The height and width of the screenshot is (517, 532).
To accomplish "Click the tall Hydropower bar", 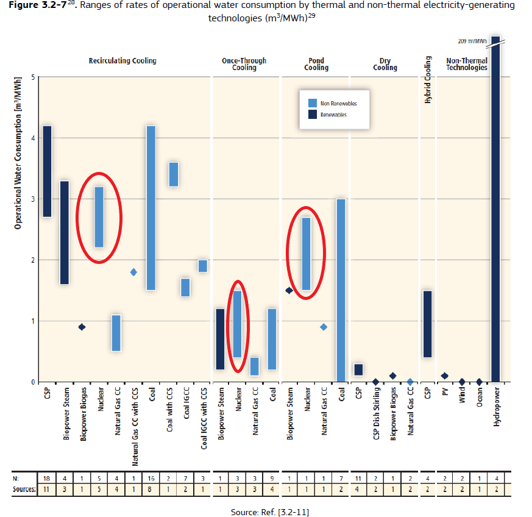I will pyautogui.click(x=495, y=207).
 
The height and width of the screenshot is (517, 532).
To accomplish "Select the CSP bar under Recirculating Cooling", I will pyautogui.click(x=47, y=171).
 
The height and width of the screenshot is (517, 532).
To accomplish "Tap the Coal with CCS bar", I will pyautogui.click(x=174, y=174).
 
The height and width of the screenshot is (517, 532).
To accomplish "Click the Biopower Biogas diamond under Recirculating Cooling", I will pyautogui.click(x=82, y=327).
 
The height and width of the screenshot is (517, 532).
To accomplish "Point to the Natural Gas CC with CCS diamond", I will pyautogui.click(x=133, y=272).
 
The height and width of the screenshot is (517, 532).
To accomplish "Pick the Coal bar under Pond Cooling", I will pyautogui.click(x=341, y=290).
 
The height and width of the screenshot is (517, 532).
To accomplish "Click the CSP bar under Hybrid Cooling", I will pyautogui.click(x=427, y=324).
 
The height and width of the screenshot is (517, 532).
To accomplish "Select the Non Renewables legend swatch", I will pyautogui.click(x=313, y=103).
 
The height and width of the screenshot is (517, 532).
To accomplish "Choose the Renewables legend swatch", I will pyautogui.click(x=313, y=114).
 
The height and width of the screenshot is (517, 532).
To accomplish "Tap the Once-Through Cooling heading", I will pyautogui.click(x=244, y=64).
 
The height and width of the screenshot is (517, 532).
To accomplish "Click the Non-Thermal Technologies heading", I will pyautogui.click(x=466, y=64).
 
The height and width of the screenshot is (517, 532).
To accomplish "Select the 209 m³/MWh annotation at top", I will pyautogui.click(x=472, y=41).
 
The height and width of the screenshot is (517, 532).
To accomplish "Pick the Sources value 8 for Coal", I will pyautogui.click(x=151, y=489).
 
